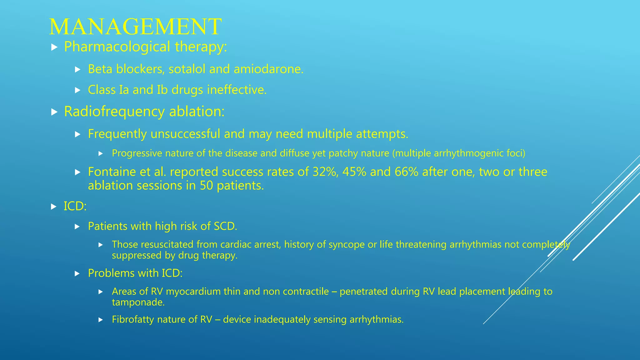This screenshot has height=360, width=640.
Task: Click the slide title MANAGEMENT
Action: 135,27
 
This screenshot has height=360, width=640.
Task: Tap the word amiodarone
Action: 268,69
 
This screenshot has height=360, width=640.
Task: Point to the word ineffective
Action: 237,90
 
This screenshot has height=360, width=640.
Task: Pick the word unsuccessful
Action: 185,134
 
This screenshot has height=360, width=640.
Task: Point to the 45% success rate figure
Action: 354,172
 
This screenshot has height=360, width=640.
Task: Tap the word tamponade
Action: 138,302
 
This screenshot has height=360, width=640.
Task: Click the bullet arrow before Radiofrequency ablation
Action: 54,112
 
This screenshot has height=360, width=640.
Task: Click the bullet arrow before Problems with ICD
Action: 77,274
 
